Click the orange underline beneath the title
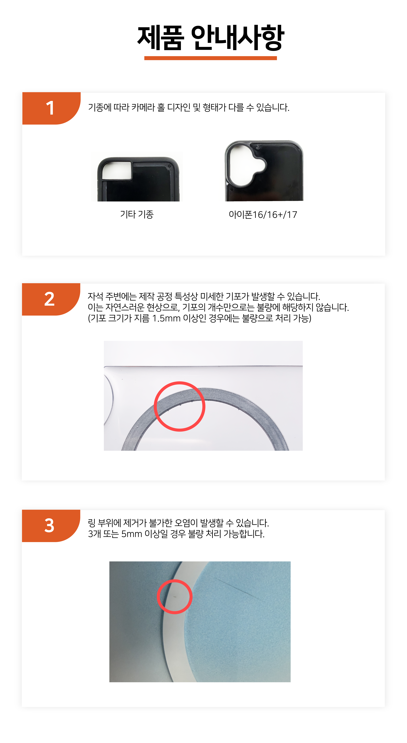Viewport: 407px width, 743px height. (211, 58)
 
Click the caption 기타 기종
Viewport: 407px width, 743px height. (137, 214)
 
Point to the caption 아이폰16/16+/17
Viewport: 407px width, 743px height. (263, 215)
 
